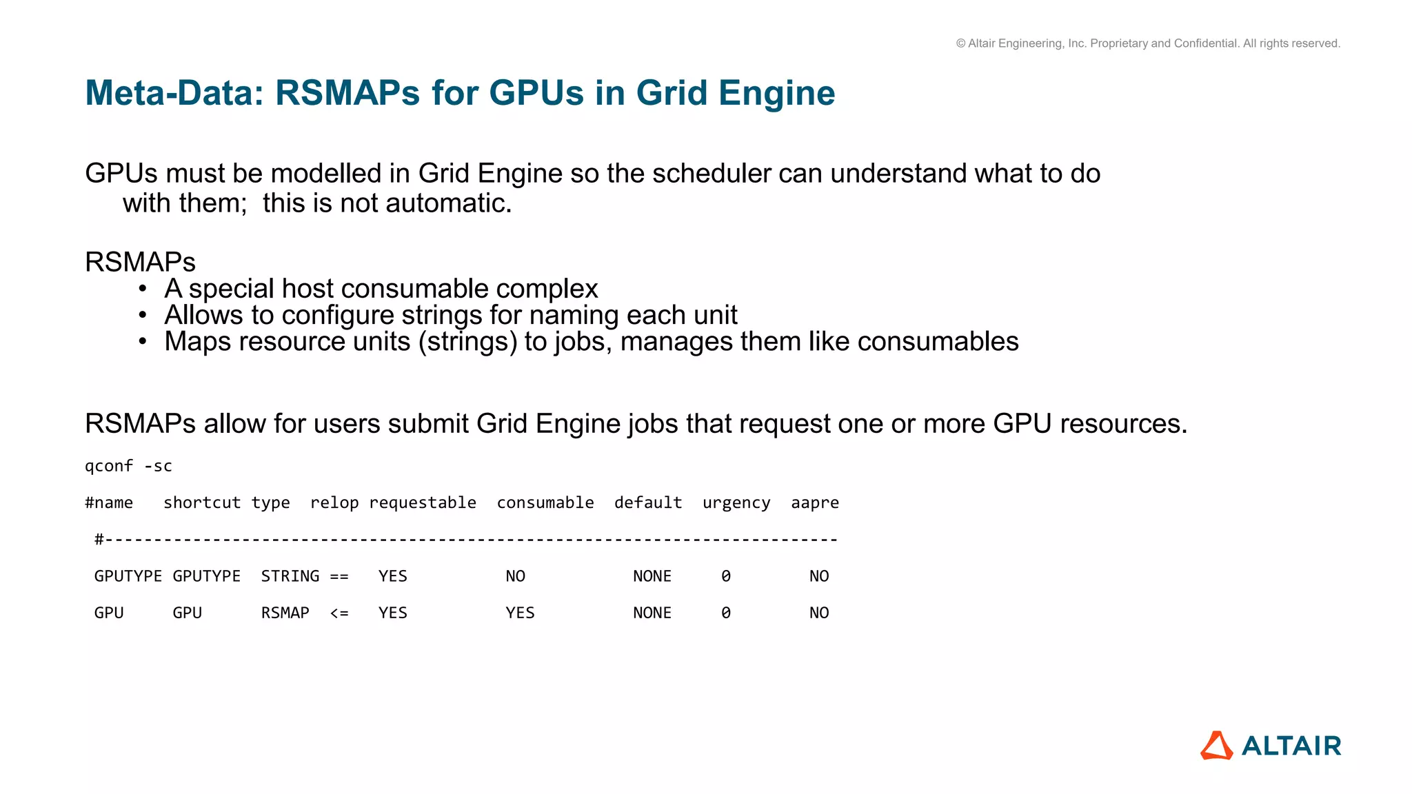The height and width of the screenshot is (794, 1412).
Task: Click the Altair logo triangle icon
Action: (x=1217, y=746)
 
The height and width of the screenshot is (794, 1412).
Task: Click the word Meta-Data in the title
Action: (x=174, y=93)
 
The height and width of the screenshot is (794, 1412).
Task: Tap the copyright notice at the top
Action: (x=1148, y=43)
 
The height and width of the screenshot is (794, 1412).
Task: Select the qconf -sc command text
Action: (x=128, y=466)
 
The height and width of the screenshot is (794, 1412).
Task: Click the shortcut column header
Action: (x=202, y=502)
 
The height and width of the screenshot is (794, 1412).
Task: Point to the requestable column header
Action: (x=423, y=502)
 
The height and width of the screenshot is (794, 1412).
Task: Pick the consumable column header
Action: (x=545, y=502)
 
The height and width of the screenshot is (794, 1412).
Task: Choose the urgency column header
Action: (x=736, y=503)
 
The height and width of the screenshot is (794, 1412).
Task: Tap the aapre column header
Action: (x=815, y=503)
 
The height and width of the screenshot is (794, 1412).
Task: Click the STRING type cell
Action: (x=290, y=576)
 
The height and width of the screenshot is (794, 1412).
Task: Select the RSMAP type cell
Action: (x=285, y=613)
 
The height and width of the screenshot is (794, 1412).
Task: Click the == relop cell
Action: (x=339, y=576)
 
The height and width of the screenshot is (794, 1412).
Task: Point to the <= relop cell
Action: (x=339, y=613)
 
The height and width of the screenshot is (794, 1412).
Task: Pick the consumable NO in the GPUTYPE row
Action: (x=516, y=576)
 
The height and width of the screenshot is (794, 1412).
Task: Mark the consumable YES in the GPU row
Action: (x=521, y=613)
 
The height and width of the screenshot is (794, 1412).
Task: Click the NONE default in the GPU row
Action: (x=652, y=613)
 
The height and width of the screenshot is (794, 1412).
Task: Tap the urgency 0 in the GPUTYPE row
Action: (x=726, y=576)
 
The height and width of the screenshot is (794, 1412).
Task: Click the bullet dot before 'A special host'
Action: (x=143, y=288)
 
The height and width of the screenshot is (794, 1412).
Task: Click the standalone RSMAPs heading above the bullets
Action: (x=141, y=262)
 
